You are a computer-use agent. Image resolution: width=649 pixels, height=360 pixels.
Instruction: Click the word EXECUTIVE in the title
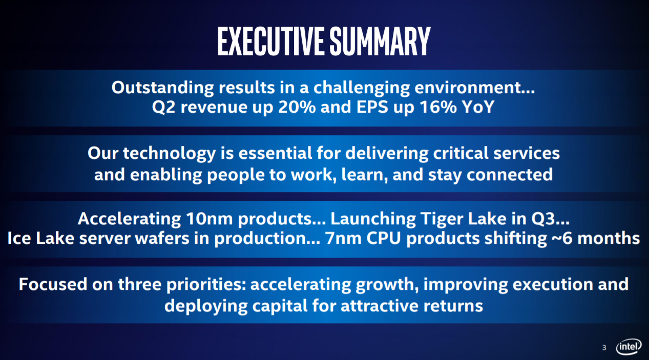click(270, 41)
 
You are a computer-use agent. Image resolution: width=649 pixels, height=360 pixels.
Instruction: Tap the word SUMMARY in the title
click(380, 41)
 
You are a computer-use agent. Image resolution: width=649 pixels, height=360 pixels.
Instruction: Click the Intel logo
click(629, 346)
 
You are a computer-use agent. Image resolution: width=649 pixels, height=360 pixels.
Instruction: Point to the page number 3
click(604, 348)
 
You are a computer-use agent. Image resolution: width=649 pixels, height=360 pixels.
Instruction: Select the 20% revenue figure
click(297, 107)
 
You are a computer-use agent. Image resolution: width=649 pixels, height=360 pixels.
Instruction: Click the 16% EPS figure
click(438, 107)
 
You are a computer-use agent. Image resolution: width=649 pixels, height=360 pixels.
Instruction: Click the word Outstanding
click(162, 88)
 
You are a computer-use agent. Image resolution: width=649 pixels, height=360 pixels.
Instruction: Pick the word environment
click(474, 88)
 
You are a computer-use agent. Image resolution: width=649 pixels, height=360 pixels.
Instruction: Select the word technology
click(170, 154)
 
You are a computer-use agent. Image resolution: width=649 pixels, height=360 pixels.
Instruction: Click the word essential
click(275, 153)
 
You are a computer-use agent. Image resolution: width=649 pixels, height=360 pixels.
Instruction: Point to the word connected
click(509, 175)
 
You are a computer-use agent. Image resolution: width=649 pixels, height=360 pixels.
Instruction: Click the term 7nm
click(343, 238)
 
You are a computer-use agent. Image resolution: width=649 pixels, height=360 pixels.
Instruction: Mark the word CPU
click(384, 238)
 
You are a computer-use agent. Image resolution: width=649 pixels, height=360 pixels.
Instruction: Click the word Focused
click(53, 284)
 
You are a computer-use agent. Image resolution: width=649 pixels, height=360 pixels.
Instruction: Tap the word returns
click(453, 306)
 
